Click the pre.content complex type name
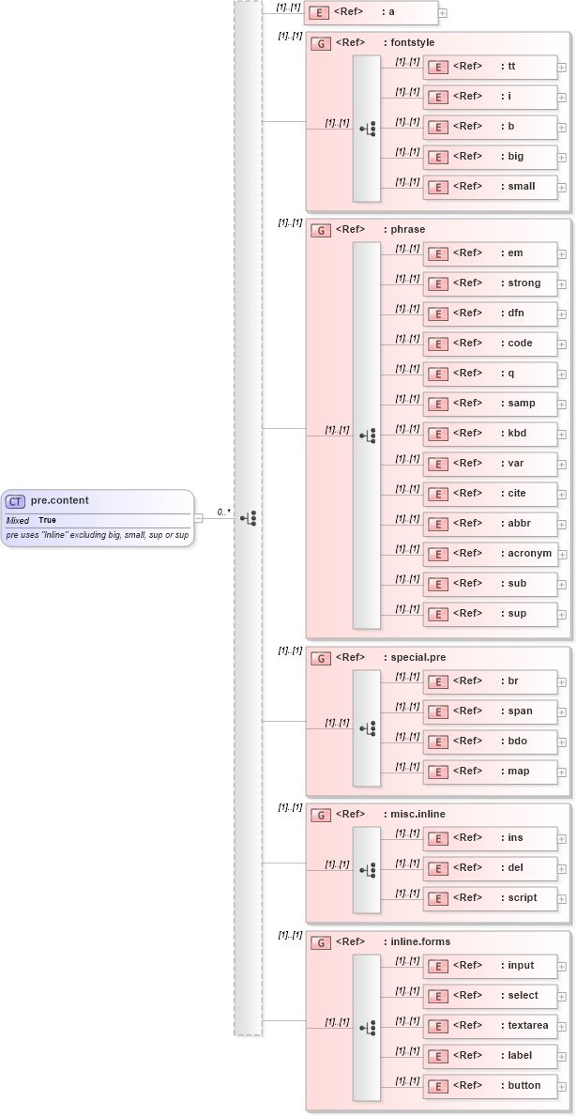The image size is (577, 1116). [59, 500]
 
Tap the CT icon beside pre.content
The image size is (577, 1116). [16, 501]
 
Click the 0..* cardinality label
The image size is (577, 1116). [223, 512]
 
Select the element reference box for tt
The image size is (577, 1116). [491, 67]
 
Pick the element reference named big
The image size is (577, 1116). [491, 157]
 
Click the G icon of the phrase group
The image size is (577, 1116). [320, 230]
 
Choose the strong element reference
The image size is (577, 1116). [491, 283]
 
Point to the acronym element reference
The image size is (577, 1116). [491, 554]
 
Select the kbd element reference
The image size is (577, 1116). [491, 434]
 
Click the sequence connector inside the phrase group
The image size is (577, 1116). [367, 435]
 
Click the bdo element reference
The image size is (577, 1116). [491, 741]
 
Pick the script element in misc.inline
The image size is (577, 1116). [491, 898]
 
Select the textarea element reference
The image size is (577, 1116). [491, 1026]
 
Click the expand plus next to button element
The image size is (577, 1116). [562, 1087]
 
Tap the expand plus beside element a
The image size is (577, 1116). [442, 13]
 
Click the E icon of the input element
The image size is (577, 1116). [437, 967]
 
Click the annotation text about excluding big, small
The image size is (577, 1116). [97, 535]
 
